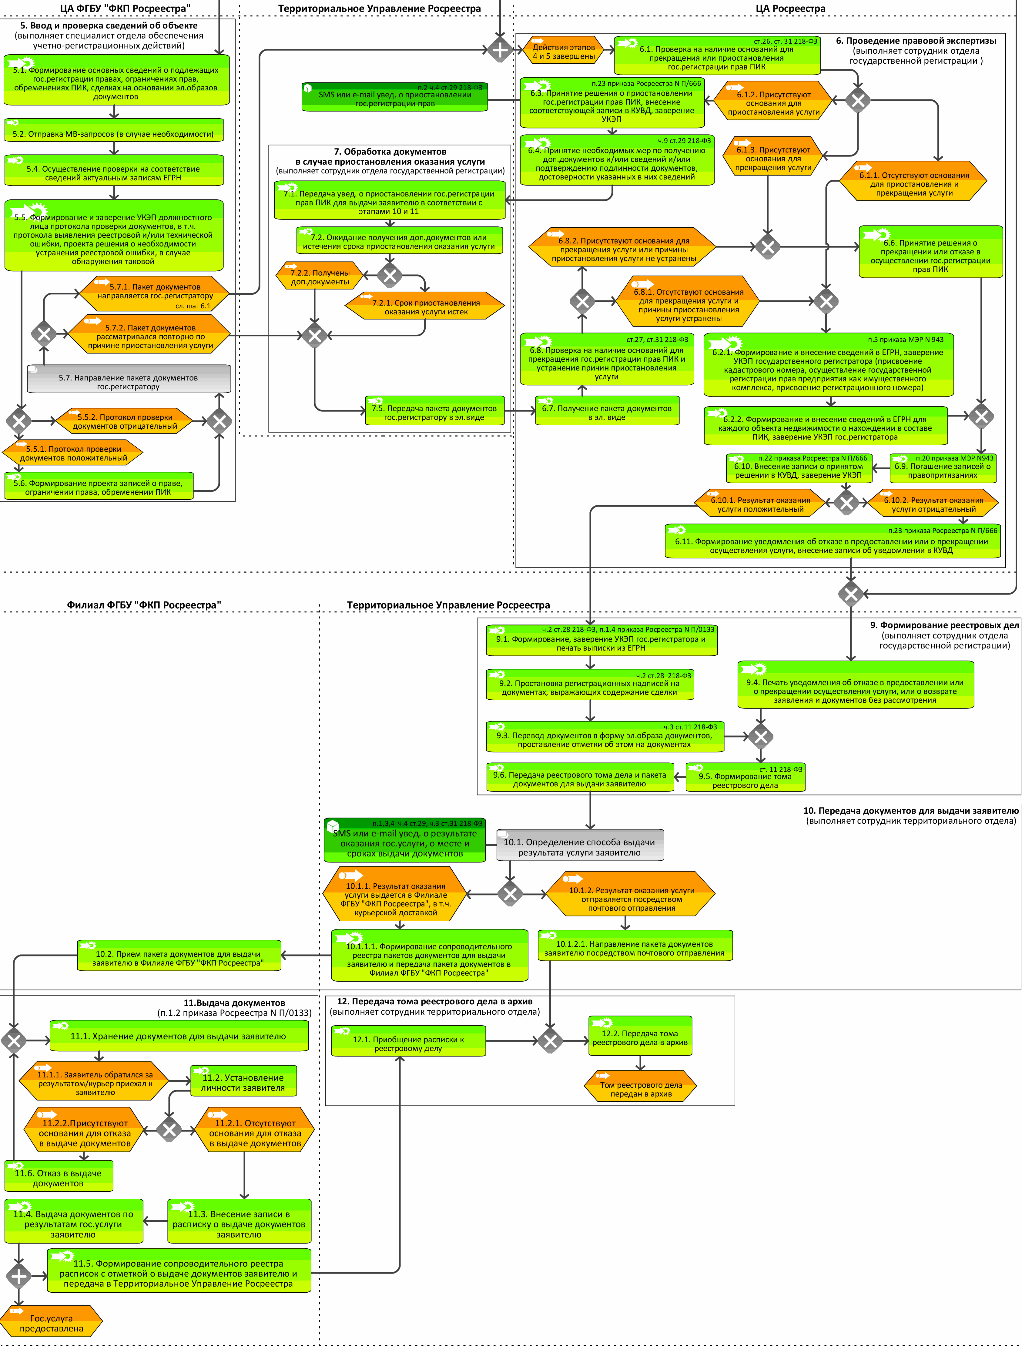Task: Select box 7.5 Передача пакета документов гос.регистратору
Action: click(x=434, y=412)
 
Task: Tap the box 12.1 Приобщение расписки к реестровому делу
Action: click(x=408, y=1043)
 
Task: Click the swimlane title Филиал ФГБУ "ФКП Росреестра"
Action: click(x=144, y=605)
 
